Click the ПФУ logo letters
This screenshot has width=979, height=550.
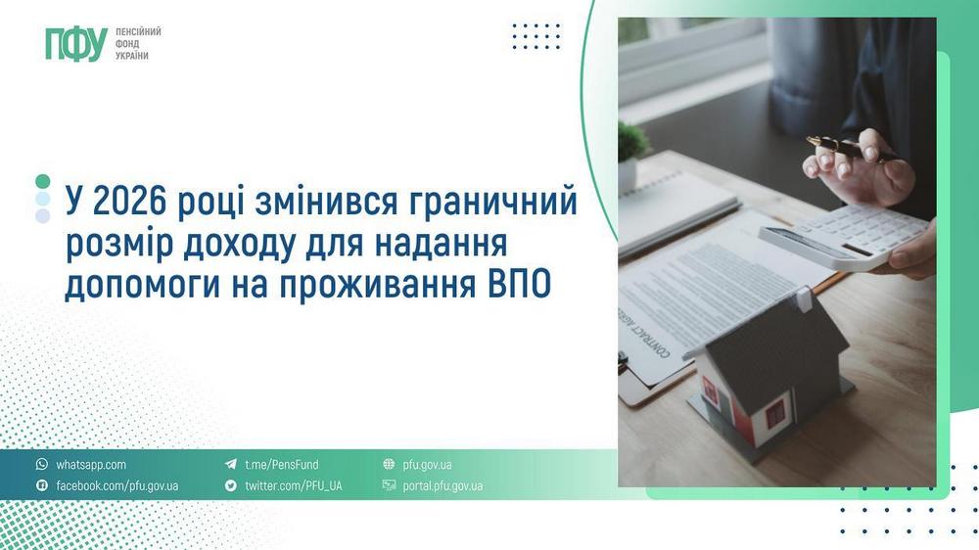(x=75, y=44)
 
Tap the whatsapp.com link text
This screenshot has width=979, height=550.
(x=91, y=465)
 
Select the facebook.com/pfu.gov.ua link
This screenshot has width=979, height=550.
(x=117, y=485)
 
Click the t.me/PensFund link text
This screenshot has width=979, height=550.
(x=282, y=465)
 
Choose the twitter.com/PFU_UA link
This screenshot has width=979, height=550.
(x=294, y=485)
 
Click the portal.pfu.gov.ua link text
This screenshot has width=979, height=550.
(x=443, y=485)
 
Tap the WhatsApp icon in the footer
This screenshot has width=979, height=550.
(x=42, y=465)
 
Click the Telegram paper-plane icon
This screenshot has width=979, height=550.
(x=231, y=465)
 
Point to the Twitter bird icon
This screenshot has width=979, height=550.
(x=231, y=485)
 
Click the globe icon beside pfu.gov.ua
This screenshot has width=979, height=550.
(x=389, y=465)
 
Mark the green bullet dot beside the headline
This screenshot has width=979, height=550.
(x=42, y=181)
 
